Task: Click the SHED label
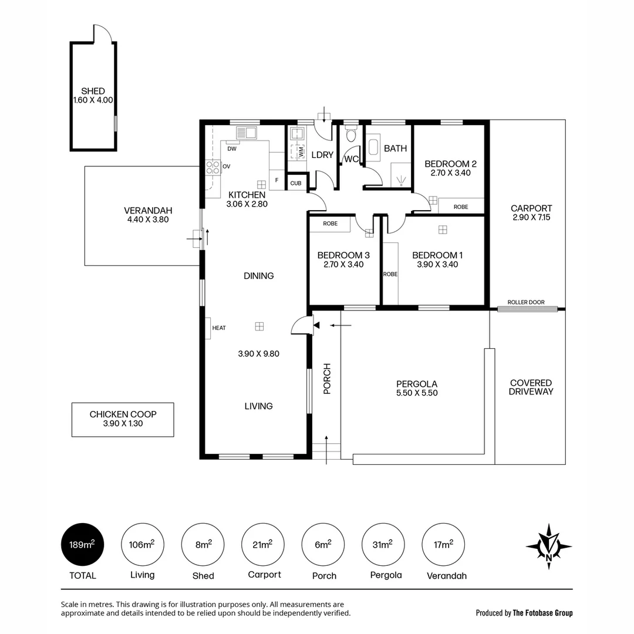click(93, 91)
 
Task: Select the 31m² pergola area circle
click(382, 545)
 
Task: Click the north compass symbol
click(548, 546)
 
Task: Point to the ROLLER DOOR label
click(526, 302)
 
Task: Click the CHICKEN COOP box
click(123, 419)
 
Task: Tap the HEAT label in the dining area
click(218, 328)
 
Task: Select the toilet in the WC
click(352, 136)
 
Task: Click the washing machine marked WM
click(299, 150)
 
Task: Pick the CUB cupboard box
click(296, 183)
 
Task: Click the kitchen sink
click(247, 133)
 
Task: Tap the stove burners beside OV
click(213, 167)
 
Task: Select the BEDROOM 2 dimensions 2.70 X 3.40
click(450, 173)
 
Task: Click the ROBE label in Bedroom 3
click(330, 224)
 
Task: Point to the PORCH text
click(327, 379)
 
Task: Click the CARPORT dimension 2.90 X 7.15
click(531, 217)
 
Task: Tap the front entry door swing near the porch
click(301, 325)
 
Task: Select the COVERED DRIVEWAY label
click(531, 387)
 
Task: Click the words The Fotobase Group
click(542, 613)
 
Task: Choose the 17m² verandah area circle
click(443, 545)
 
